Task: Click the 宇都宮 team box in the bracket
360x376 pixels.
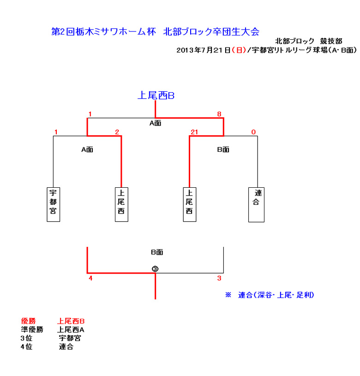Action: [x=53, y=204]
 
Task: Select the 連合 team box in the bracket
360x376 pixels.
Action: [x=256, y=205]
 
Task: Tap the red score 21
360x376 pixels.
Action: [x=194, y=132]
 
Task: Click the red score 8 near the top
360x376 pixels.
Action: [x=219, y=114]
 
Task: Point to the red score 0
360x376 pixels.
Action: [x=253, y=132]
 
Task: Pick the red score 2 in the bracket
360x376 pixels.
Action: [x=117, y=132]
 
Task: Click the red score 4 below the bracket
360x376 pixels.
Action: [x=90, y=278]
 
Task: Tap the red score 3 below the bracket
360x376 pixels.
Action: [x=219, y=278]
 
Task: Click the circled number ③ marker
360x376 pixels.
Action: [x=155, y=269]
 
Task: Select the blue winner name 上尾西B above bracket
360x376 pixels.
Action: [x=156, y=95]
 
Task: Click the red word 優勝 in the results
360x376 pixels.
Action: [x=28, y=321]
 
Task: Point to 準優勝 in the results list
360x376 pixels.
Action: [x=32, y=329]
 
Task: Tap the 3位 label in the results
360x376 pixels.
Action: [x=26, y=338]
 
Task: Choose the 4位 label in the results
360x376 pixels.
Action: [x=26, y=346]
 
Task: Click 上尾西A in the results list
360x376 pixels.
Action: [x=71, y=329]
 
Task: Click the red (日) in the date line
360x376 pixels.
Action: [x=239, y=50]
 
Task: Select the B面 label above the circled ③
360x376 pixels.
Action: [x=157, y=252]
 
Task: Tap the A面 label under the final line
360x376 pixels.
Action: [x=156, y=123]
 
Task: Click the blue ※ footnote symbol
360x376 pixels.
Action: [x=228, y=295]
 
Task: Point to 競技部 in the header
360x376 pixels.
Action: [x=331, y=41]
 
